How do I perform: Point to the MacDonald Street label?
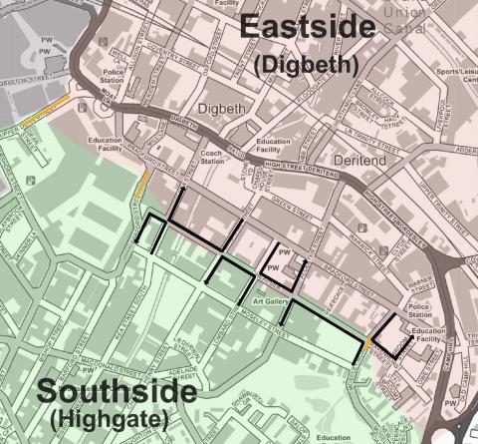(100, 362)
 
